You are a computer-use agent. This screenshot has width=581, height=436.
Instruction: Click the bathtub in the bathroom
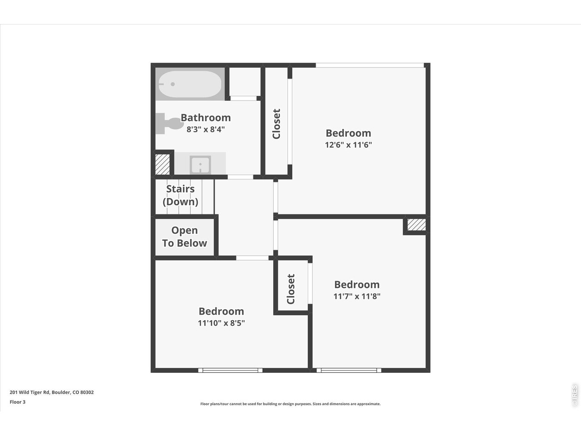[190, 85]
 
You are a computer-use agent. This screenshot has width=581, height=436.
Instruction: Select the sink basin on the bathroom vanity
[200, 164]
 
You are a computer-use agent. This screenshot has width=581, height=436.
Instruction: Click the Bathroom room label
[206, 118]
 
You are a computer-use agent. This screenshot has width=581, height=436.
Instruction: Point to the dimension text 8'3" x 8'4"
[206, 129]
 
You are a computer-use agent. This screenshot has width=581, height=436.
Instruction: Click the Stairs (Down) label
[181, 195]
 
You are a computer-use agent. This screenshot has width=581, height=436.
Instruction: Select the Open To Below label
[184, 237]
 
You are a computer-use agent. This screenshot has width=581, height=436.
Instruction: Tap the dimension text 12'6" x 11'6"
[349, 145]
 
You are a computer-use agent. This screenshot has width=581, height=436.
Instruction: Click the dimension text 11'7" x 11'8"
[357, 296]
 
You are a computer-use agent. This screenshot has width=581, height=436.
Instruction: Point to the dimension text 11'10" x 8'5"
[222, 323]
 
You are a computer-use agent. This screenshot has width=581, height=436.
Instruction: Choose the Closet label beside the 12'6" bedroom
[276, 124]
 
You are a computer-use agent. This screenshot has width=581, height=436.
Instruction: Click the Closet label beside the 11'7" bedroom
[291, 289]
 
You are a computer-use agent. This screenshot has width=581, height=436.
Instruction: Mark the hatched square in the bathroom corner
[162, 164]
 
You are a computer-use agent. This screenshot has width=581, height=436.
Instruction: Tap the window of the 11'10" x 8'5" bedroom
[231, 370]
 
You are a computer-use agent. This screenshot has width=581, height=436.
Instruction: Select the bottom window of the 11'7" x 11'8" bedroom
[349, 370]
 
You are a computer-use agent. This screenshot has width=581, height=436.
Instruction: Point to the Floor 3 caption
[18, 402]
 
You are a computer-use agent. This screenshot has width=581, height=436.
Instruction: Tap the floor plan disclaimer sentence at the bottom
[290, 404]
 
